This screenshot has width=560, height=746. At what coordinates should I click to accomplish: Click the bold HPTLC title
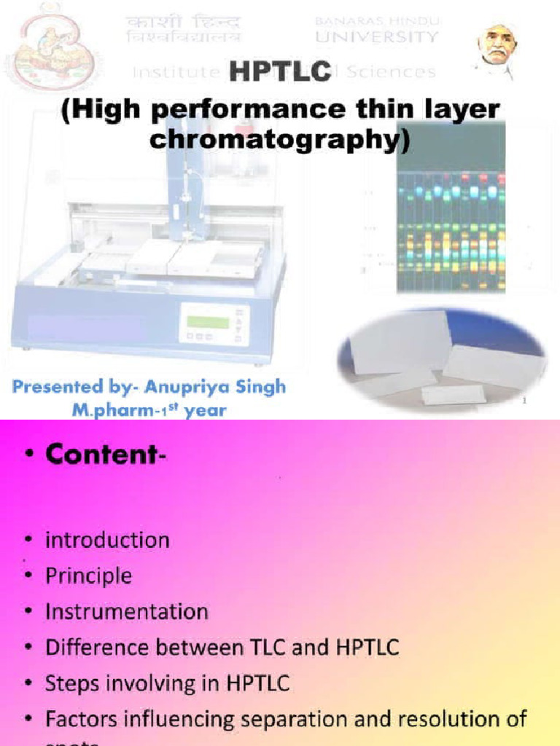281,71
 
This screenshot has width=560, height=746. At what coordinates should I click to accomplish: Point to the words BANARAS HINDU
376,21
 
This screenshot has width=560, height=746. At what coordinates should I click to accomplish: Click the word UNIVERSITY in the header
377,36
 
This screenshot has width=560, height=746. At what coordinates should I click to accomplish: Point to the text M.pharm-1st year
149,409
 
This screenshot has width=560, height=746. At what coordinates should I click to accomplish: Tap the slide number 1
524,400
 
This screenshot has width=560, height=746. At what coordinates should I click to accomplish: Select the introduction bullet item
107,541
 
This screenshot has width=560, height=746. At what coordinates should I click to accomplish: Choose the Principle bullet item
88,576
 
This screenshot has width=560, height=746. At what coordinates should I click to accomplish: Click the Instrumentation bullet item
126,612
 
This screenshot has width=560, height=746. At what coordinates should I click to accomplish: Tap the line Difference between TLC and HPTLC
222,648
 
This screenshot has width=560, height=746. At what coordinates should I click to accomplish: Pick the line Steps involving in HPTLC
167,684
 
